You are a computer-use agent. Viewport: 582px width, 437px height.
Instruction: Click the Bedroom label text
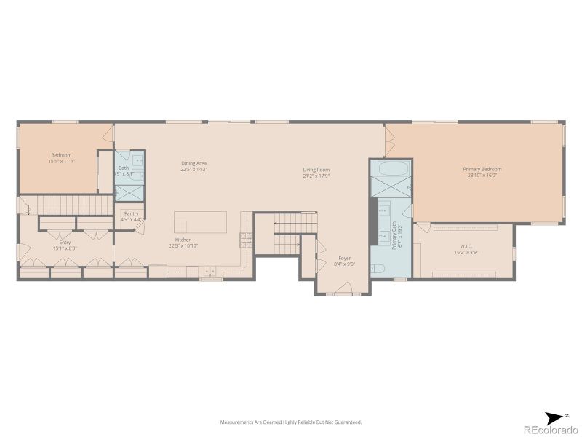(61, 155)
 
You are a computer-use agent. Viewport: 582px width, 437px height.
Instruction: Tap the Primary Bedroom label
(482, 169)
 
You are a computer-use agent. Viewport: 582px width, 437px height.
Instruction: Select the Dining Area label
(194, 163)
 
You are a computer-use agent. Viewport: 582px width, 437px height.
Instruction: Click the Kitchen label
(183, 240)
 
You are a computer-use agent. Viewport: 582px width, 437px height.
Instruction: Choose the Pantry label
(131, 213)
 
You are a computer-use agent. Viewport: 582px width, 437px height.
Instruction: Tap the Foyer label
(344, 259)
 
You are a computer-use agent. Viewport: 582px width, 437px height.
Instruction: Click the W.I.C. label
(466, 246)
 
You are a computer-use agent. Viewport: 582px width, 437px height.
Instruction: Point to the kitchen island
(200, 221)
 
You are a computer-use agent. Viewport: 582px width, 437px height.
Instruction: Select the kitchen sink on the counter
(210, 272)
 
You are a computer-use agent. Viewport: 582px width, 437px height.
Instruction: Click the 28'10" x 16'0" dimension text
(482, 176)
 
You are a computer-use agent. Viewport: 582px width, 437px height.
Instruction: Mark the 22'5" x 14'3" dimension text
(194, 169)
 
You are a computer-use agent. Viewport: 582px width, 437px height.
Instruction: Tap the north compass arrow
(557, 416)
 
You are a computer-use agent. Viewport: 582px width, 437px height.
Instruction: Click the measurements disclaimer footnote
(291, 422)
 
